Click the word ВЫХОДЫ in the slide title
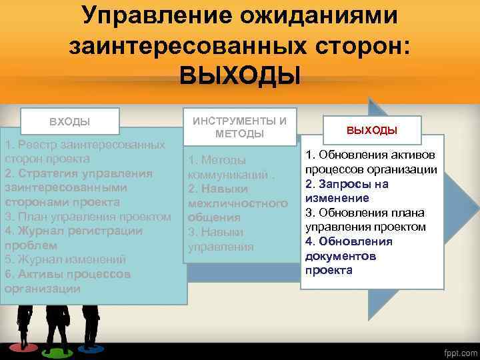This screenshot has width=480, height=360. (240, 75)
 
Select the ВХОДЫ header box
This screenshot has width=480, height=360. (70, 122)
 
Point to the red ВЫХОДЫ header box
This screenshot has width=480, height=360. (371, 129)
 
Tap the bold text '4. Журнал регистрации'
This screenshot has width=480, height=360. (73, 231)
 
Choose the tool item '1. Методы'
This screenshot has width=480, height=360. (217, 160)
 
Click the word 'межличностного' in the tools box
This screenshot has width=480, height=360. (237, 203)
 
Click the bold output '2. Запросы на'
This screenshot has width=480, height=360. (347, 184)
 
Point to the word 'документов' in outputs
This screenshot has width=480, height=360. (340, 256)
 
